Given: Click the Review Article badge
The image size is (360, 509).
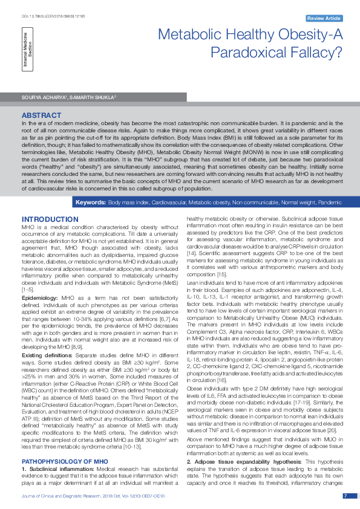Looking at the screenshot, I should [323, 19].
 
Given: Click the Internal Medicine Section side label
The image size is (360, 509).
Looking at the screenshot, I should [28, 51].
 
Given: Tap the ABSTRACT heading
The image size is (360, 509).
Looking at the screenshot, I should [41, 114].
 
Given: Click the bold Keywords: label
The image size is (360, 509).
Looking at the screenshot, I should [91, 201].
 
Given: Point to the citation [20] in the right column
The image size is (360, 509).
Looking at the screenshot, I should [325, 430].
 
